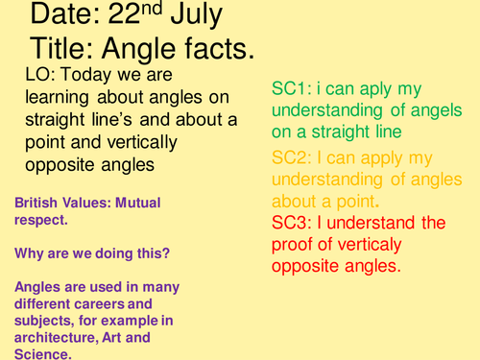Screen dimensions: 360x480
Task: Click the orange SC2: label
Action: [x=292, y=157]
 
